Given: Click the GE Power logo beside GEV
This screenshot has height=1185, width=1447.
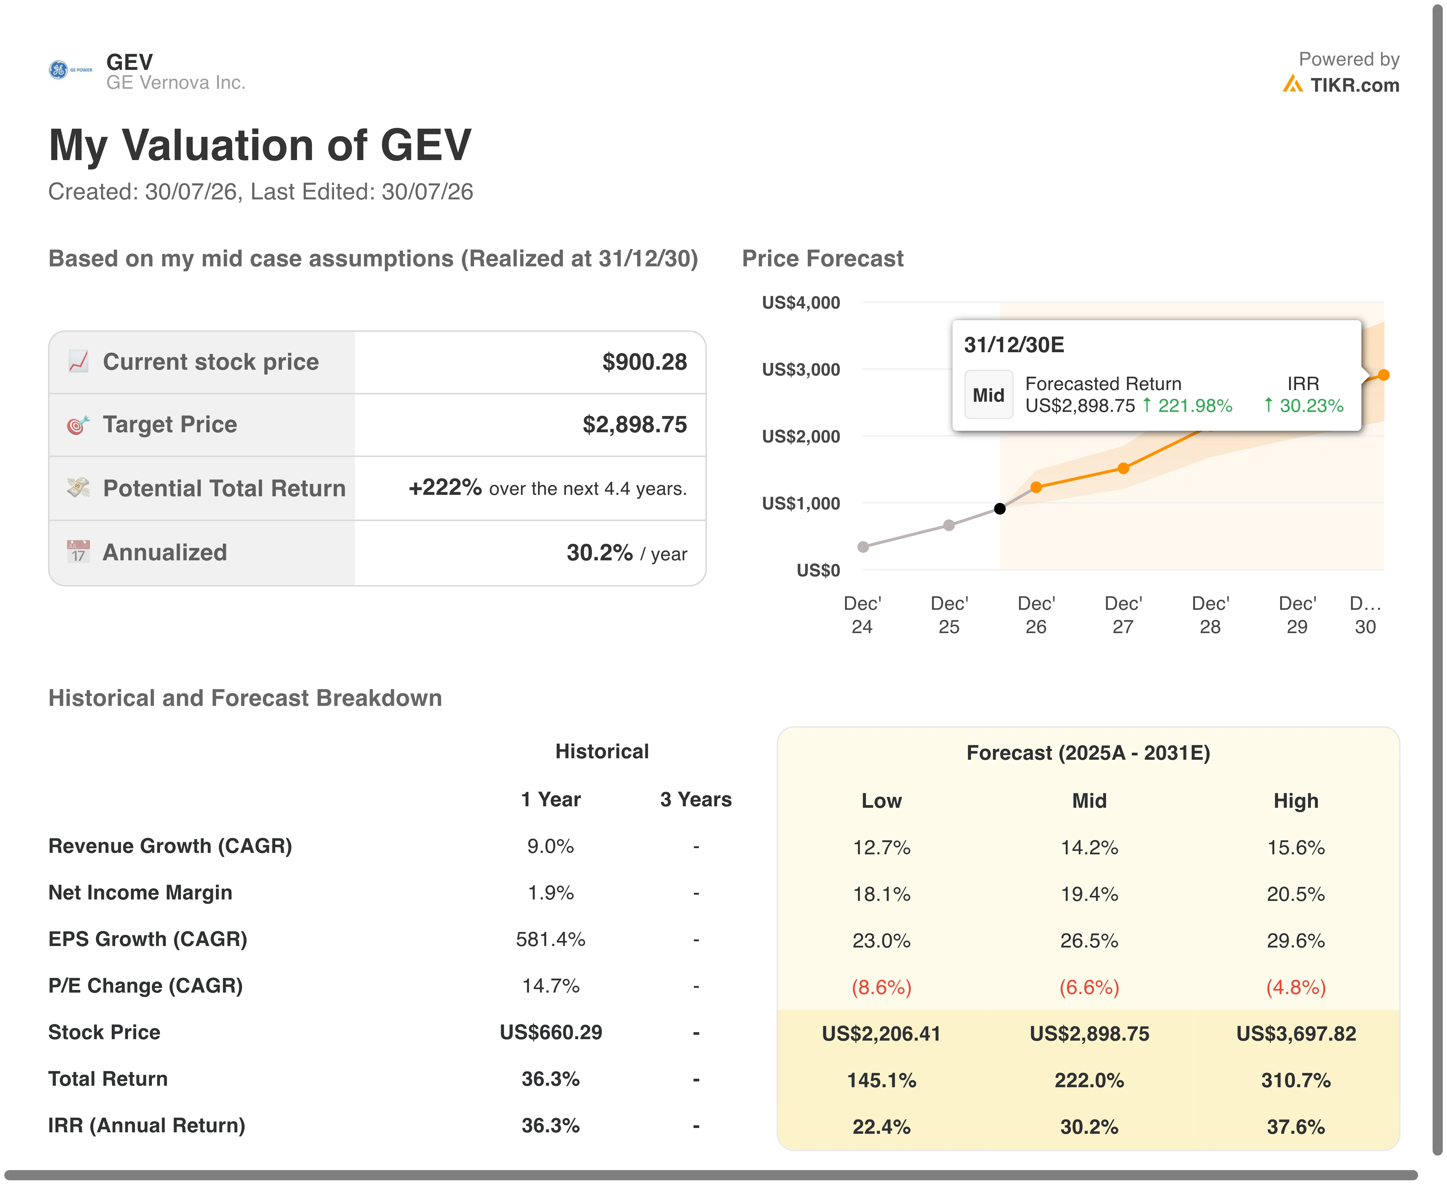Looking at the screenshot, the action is (70, 70).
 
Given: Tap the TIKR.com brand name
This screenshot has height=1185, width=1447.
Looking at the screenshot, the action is (1354, 85).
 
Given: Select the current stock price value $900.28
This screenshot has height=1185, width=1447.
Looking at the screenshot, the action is (644, 362).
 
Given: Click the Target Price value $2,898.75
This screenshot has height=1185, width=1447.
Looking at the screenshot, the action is (634, 425).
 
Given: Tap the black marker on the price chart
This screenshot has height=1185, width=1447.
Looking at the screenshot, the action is (1000, 509).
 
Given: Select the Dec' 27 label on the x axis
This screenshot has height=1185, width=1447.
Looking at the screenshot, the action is (1123, 615).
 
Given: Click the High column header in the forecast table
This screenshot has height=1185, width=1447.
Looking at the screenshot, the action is (1295, 801).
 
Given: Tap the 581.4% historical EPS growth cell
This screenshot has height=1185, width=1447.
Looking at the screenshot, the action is (551, 939).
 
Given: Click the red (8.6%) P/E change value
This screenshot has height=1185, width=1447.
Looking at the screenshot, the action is (881, 987).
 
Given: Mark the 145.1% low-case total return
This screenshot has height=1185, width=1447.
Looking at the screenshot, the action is (881, 1080).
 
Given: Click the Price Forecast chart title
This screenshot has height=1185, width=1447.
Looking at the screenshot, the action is (823, 259).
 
